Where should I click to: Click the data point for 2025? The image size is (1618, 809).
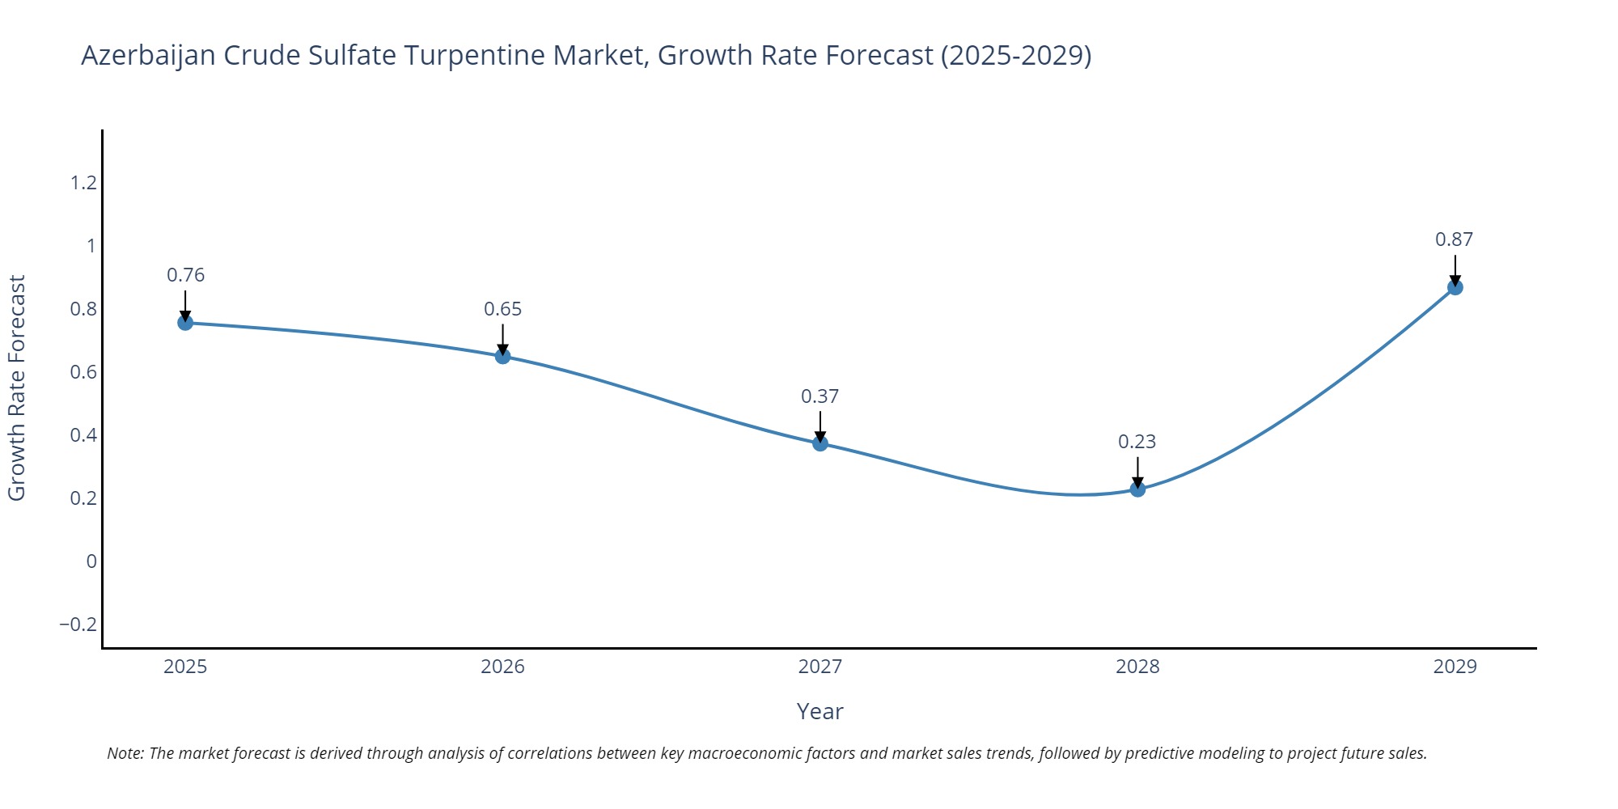pyautogui.click(x=185, y=323)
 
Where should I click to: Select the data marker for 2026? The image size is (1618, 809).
pyautogui.click(x=502, y=356)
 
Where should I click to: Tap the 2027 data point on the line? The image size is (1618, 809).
pyautogui.click(x=820, y=443)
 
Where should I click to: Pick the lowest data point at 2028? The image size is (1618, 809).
pyautogui.click(x=1137, y=489)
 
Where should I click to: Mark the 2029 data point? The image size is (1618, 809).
pyautogui.click(x=1455, y=287)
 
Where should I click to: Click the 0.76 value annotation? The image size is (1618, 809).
pyautogui.click(x=185, y=275)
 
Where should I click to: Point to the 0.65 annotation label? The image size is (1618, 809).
pyautogui.click(x=502, y=309)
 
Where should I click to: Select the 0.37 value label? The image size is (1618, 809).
pyautogui.click(x=820, y=396)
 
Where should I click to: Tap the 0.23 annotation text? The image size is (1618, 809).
pyautogui.click(x=1137, y=442)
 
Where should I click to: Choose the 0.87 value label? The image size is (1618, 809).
pyautogui.click(x=1455, y=239)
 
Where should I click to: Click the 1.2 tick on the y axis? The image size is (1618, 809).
pyautogui.click(x=83, y=183)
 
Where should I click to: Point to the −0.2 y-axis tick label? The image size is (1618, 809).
pyautogui.click(x=78, y=625)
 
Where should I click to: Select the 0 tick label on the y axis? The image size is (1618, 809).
pyautogui.click(x=91, y=561)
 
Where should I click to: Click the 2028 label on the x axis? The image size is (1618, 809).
pyautogui.click(x=1137, y=667)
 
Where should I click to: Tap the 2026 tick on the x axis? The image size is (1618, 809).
pyautogui.click(x=502, y=667)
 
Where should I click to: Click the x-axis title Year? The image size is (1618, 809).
pyautogui.click(x=820, y=712)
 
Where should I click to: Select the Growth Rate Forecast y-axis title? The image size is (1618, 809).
pyautogui.click(x=18, y=388)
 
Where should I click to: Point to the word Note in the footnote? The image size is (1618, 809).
pyautogui.click(x=124, y=753)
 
